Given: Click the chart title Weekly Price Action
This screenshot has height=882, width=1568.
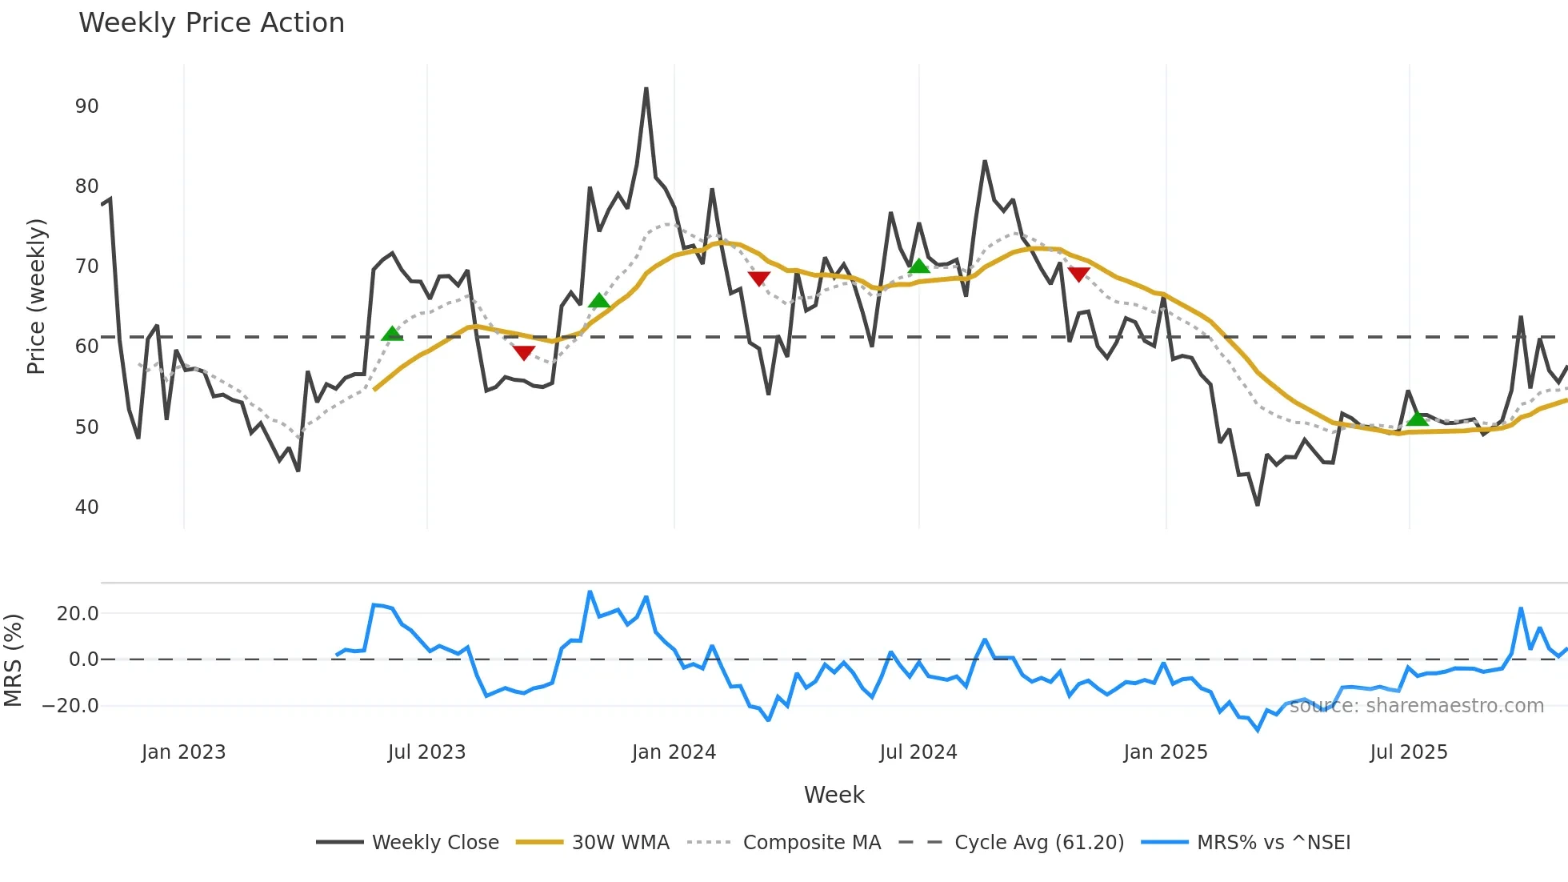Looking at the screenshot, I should (211, 23).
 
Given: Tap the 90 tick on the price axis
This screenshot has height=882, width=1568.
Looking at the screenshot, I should (86, 106).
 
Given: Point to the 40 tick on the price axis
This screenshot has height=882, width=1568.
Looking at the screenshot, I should (86, 507).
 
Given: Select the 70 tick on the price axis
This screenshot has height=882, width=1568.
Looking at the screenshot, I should (86, 267).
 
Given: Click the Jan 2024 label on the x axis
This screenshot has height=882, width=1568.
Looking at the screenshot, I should (674, 752).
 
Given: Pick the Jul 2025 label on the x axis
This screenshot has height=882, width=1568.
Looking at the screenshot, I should (1408, 752).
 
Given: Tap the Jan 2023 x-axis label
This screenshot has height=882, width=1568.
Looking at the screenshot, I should (183, 752).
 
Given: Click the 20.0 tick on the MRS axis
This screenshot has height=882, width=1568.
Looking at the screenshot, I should (78, 614).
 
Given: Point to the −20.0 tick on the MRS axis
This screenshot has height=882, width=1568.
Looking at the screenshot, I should (70, 706).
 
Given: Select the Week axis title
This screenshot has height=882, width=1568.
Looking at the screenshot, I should (834, 795).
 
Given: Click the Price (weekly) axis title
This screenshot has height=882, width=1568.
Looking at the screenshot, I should (37, 296).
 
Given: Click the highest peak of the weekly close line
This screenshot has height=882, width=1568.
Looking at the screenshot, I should (646, 89).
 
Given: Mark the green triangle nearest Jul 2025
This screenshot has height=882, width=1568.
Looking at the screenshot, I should (1417, 419).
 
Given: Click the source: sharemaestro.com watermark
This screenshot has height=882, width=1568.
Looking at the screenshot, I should (1416, 706).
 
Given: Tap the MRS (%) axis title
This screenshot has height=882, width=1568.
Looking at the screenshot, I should (13, 660).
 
